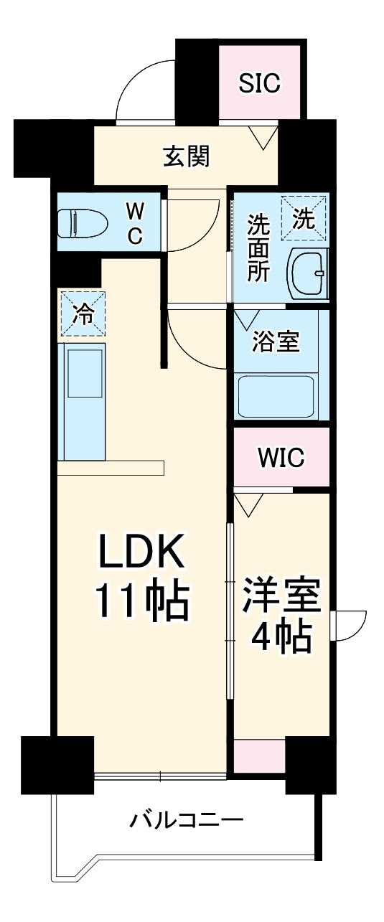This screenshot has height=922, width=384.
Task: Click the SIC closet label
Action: (x=259, y=84)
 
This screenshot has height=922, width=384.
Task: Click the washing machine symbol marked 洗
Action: (x=303, y=219)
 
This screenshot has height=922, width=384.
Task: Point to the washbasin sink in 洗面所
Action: (x=306, y=273)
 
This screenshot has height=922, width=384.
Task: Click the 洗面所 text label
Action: (x=258, y=249)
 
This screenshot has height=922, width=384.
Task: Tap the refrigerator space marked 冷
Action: (x=83, y=314)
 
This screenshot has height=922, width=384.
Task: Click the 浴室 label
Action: (x=275, y=342)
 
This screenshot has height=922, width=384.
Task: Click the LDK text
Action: (x=141, y=554)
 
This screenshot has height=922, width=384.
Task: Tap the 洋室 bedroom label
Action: (x=281, y=596)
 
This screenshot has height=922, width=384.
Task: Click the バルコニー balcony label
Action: (x=187, y=819)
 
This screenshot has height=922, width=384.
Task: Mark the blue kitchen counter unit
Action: (x=84, y=402)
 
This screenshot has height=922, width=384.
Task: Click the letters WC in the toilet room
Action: (x=134, y=223)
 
